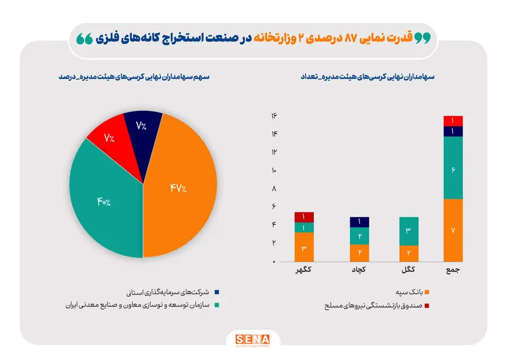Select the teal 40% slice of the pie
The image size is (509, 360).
coord(105,198)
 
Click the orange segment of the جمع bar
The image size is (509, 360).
coord(453,230)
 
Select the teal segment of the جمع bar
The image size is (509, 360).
coord(453,168)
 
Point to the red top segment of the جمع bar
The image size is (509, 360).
coord(453,121)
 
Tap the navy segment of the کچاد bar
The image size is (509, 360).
coord(359,222)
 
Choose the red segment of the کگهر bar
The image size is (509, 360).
coord(304,217)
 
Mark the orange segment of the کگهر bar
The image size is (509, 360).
coord(304,247)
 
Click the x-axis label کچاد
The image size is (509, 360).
coord(359,269)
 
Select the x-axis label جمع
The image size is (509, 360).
coord(453,269)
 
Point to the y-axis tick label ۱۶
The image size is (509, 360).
coord(273,116)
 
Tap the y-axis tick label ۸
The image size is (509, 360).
coord(273,189)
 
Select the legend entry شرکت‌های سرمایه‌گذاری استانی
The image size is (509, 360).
coord(174,292)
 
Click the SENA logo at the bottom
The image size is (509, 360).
coord(253,340)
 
